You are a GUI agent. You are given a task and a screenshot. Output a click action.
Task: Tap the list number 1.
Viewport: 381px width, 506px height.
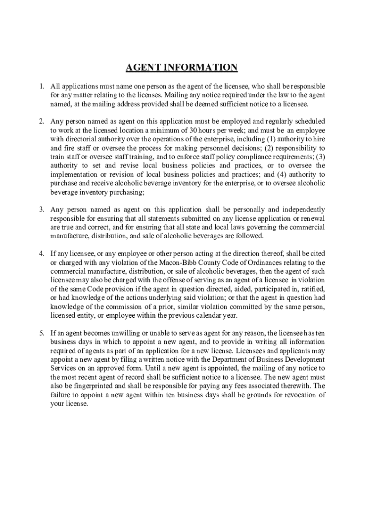pyautogui.click(x=42, y=86)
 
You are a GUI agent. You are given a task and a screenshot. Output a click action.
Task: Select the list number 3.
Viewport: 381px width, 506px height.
pyautogui.click(x=42, y=210)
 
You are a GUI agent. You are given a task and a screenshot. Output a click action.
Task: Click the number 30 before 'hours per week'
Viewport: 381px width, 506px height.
pyautogui.click(x=194, y=130)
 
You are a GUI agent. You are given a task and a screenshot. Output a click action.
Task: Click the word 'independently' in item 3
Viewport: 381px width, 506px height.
pyautogui.click(x=299, y=210)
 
